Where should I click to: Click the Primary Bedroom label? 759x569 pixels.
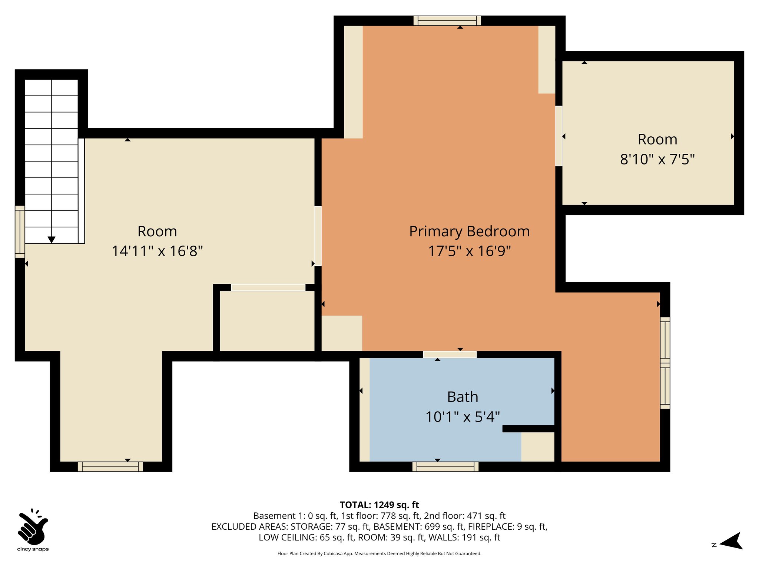click(469, 232)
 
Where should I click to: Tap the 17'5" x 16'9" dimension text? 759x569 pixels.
click(469, 251)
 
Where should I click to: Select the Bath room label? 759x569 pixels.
click(463, 397)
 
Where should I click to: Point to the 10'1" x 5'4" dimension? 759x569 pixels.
click(463, 417)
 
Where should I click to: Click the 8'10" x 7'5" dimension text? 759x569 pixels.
click(657, 160)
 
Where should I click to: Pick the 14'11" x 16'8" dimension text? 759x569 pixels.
click(157, 251)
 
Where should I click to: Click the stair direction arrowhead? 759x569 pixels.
click(52, 240)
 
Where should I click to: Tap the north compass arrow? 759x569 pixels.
click(731, 541)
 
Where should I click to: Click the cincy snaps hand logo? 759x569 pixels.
click(33, 526)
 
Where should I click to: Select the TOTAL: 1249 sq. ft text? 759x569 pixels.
click(379, 505)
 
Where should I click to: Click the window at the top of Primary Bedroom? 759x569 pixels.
click(447, 21)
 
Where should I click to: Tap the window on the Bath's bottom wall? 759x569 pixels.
click(445, 467)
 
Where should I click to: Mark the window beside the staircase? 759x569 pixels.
click(20, 232)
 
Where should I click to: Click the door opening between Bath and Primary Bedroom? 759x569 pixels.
click(450, 355)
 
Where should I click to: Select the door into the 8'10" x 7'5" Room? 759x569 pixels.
click(559, 136)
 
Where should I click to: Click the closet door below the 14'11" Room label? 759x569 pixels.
click(268, 287)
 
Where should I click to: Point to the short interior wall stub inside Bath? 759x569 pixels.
click(528, 429)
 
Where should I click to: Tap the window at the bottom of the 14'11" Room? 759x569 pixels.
click(110, 467)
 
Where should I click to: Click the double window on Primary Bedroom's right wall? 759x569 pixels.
click(665, 363)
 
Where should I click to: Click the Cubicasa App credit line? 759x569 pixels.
click(379, 554)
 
